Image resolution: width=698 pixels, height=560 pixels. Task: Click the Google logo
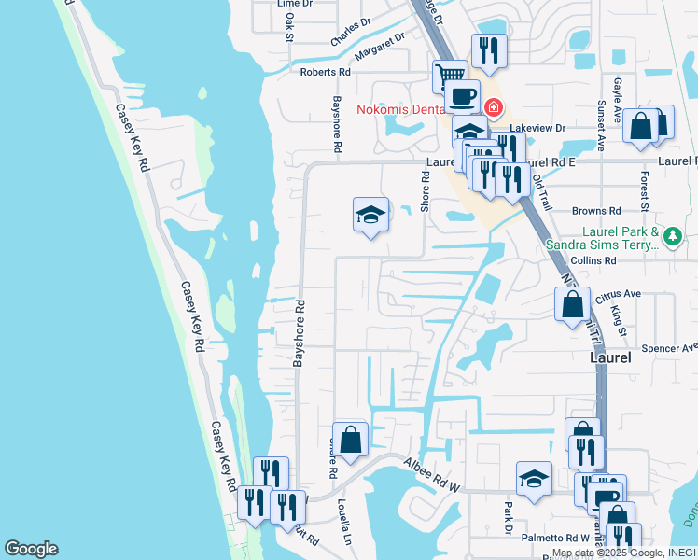(31, 549)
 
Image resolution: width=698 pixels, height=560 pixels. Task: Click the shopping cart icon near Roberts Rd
(451, 74)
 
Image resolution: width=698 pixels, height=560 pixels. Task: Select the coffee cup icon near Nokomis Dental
(462, 94)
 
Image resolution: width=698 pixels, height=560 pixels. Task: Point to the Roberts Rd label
(325, 71)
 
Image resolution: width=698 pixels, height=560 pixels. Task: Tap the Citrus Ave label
(620, 294)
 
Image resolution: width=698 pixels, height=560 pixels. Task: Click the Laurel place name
(612, 357)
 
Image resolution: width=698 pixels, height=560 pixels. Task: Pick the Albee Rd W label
(433, 473)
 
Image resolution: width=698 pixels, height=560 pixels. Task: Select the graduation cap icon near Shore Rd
(370, 215)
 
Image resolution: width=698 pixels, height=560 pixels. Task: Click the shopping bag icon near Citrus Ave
(572, 304)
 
